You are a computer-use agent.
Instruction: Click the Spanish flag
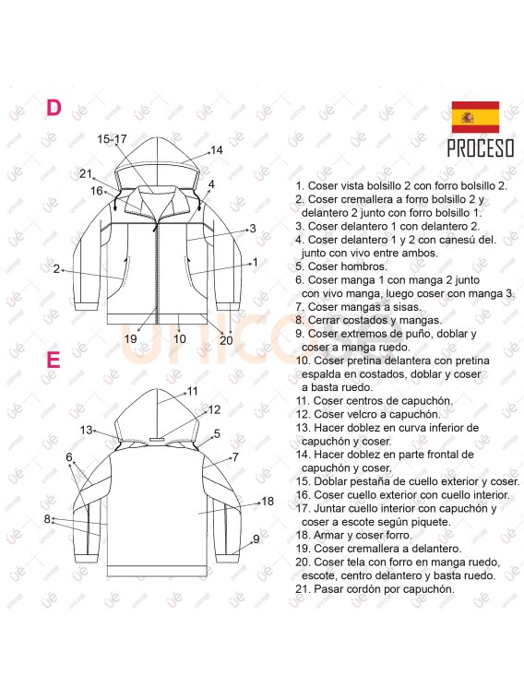475,117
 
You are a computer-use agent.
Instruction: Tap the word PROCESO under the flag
481,148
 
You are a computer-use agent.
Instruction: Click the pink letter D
54,108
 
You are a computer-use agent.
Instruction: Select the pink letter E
54,360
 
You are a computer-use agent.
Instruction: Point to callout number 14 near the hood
217,150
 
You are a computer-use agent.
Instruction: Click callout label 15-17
112,139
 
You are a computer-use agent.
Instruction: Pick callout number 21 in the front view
86,173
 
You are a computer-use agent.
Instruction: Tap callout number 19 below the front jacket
130,339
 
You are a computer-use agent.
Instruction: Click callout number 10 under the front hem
179,339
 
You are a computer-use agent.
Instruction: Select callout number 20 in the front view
226,340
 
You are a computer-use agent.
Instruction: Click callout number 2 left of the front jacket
56,269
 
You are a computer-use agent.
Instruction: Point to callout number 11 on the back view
192,391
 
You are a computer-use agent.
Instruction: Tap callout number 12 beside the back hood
214,409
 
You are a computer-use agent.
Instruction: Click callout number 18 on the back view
268,502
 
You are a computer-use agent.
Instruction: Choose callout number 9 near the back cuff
256,539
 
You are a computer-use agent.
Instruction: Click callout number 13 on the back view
87,430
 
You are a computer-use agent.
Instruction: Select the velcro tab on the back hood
156,440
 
